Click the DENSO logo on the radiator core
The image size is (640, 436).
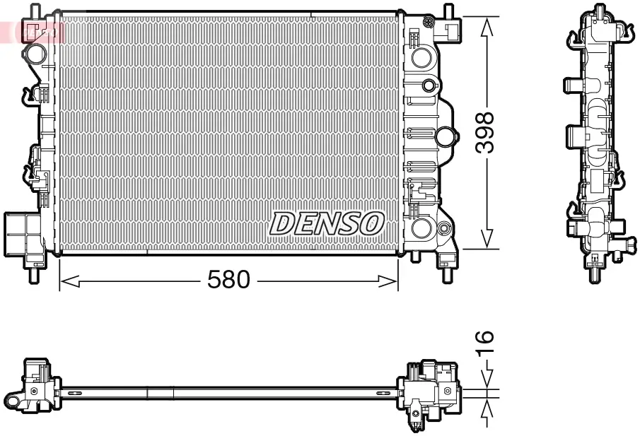coord(326,224)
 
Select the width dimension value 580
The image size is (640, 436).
coord(228,281)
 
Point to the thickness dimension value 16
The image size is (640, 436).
coord(485,343)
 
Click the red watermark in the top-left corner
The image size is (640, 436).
coord(32,30)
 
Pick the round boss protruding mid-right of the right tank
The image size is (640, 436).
coord(446,136)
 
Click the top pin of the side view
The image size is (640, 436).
coord(600,10)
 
